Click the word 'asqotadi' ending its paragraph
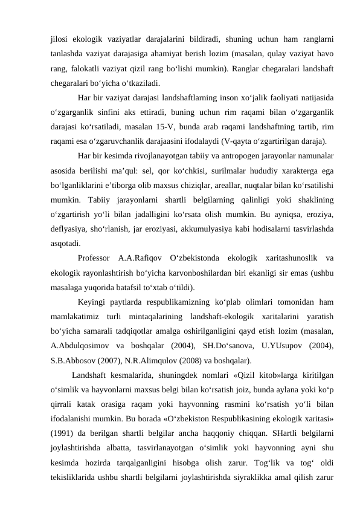click(66, 245)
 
